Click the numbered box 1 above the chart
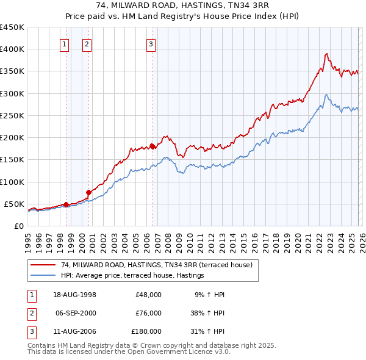point(65,43)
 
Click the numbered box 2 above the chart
point(87,43)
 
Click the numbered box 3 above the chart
point(151,43)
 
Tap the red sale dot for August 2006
point(152,146)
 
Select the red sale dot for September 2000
point(88,192)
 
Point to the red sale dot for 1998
point(66,204)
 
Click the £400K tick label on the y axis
point(12,49)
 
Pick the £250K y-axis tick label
point(12,115)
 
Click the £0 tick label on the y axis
point(18,226)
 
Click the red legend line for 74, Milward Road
point(43,265)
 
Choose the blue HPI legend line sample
point(43,276)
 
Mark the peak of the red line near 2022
point(327,54)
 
